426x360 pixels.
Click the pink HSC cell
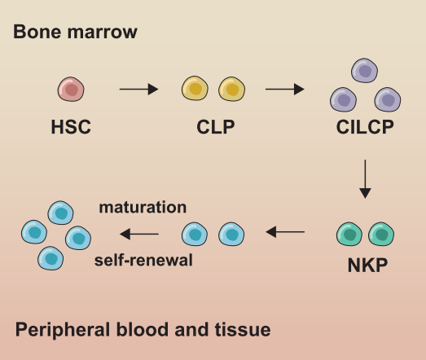[70, 89]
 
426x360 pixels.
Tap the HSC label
[71, 128]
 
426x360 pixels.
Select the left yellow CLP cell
[195, 89]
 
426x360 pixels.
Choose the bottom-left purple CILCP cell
[344, 100]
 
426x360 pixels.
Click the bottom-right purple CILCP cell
[387, 100]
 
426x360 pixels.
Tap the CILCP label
[366, 128]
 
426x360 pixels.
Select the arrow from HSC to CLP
[138, 89]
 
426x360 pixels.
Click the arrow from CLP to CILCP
[285, 89]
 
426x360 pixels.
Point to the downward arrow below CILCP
[365, 179]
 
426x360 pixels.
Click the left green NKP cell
[350, 235]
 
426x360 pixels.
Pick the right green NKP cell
[381, 235]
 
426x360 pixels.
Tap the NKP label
[366, 264]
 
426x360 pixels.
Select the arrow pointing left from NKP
[286, 233]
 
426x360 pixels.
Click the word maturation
[143, 208]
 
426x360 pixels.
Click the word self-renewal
[143, 261]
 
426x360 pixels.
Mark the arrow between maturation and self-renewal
[139, 235]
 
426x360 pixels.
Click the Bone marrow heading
[76, 32]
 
